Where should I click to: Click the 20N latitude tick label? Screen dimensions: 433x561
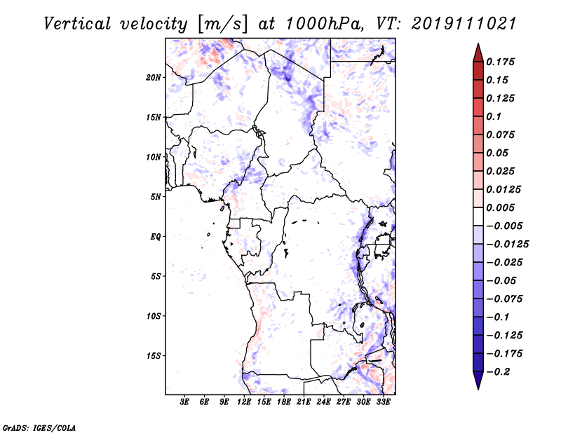coord(154,77)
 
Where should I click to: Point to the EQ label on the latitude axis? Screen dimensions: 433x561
coord(156,237)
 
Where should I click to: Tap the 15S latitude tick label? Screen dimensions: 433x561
coord(154,356)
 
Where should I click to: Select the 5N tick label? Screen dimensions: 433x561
coord(156,197)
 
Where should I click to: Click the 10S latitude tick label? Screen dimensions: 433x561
coord(154,316)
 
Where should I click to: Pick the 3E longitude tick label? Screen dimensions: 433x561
coord(184,402)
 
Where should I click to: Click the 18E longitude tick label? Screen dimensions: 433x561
coord(284,402)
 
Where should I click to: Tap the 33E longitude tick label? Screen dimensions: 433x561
coord(384,402)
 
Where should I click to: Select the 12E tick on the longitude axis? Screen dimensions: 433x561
coord(244,402)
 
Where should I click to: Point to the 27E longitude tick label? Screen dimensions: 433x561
coord(344,402)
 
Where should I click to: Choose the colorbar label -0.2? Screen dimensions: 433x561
coord(499,371)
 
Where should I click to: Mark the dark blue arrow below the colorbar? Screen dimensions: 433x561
coord(477,380)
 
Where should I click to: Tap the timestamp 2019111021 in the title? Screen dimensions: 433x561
coord(455,24)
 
